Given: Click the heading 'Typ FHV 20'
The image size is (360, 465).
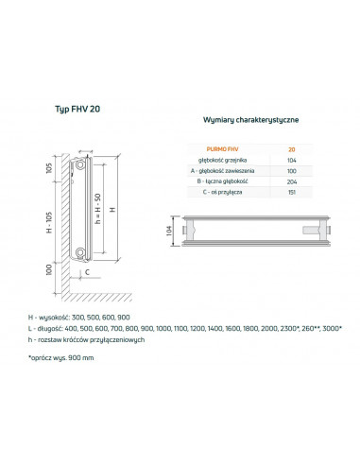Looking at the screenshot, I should tap(80, 110).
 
